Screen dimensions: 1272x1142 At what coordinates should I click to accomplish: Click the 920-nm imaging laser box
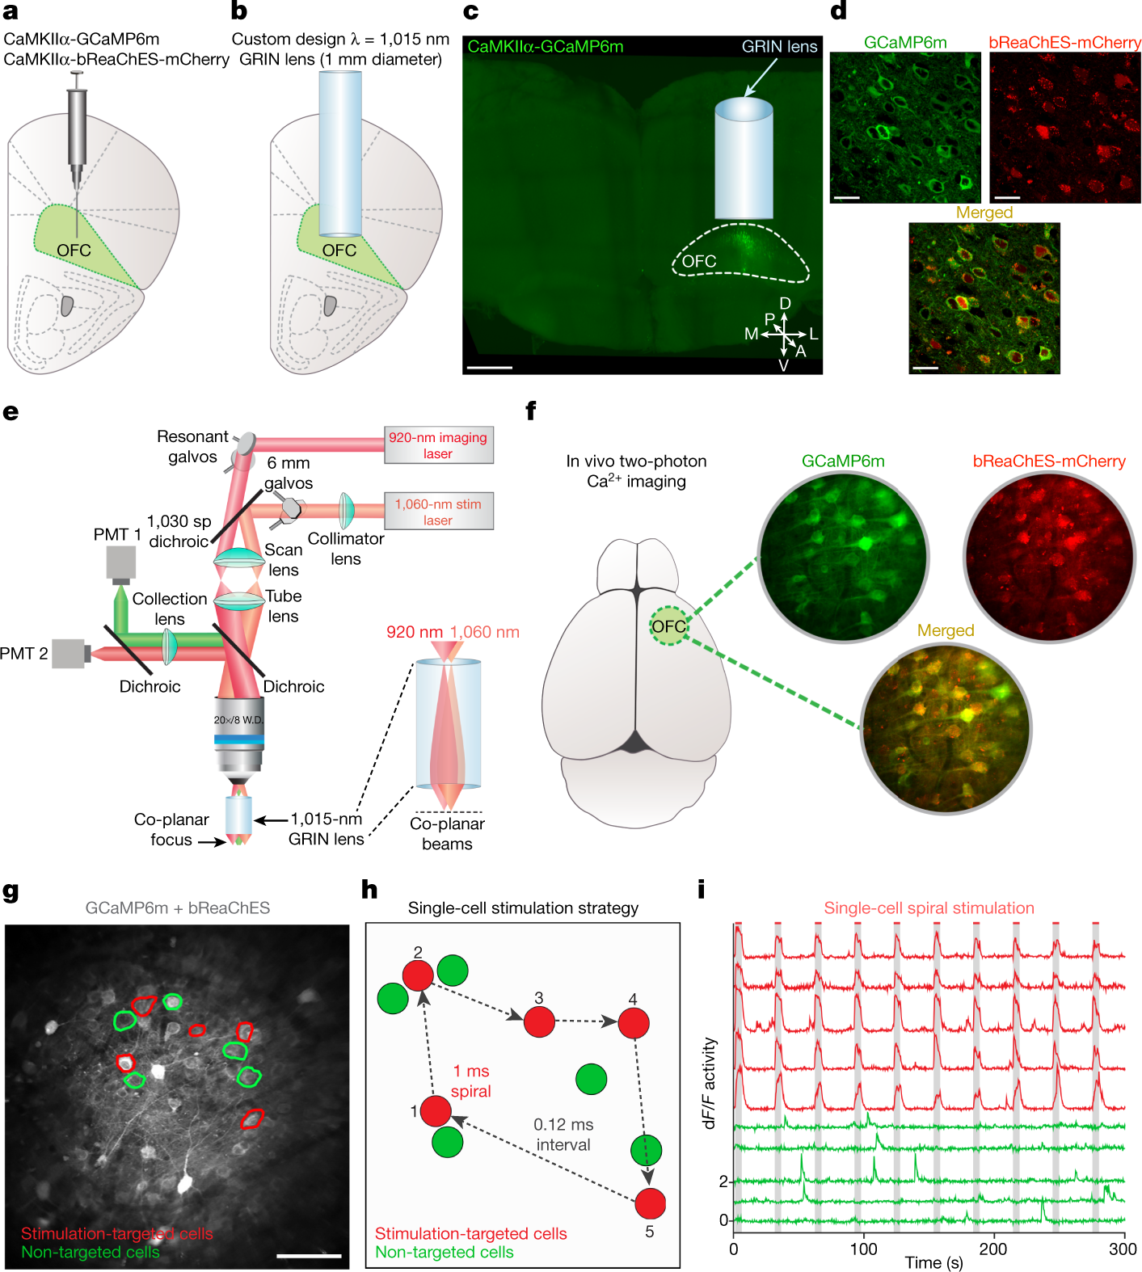(438, 445)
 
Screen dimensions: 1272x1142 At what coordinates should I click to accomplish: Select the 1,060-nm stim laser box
(438, 512)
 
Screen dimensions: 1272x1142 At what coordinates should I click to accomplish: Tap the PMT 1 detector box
(120, 563)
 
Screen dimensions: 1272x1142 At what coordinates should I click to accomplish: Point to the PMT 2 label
(23, 653)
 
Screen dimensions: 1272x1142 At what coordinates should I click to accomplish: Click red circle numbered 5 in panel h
(650, 1203)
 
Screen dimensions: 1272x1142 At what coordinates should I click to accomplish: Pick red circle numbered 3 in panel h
(539, 1021)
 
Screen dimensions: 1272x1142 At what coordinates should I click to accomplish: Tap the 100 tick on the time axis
(863, 1249)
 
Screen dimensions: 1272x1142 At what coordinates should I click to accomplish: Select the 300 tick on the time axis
(1123, 1249)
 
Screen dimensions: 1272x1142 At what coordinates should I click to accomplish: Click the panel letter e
(11, 412)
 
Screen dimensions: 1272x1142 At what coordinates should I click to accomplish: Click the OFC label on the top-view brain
(668, 626)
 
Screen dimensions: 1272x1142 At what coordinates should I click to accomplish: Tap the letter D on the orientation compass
(785, 304)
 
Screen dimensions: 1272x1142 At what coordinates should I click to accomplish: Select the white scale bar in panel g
(309, 1256)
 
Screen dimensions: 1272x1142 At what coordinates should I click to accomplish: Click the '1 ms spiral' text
(471, 1081)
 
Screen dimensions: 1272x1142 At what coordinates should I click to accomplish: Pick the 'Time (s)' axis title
(933, 1262)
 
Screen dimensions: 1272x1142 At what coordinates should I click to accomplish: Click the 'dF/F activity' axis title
(710, 1083)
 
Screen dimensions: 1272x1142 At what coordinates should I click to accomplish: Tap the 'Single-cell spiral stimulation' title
(929, 908)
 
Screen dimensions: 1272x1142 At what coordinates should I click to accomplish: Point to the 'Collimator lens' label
(346, 549)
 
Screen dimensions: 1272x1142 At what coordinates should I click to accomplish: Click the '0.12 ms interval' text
(563, 1135)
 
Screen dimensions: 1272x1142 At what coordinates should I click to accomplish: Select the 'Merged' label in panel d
(984, 213)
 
